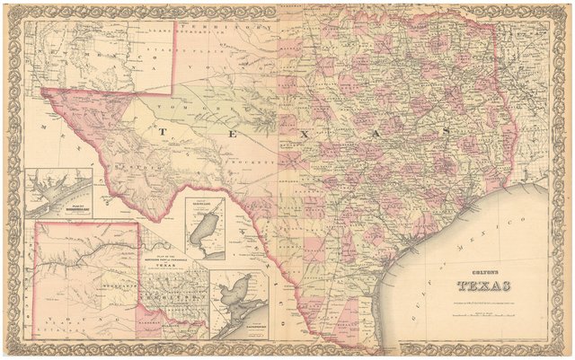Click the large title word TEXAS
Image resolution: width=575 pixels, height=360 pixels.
click(483, 287)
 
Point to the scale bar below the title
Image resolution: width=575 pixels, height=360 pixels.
click(483, 309)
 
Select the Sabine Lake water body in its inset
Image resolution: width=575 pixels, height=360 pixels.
click(201, 234)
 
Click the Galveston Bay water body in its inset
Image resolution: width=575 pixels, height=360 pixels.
click(235, 297)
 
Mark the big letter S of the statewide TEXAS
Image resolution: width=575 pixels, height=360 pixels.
click(443, 133)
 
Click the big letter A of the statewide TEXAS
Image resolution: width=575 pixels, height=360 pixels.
click(396, 133)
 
